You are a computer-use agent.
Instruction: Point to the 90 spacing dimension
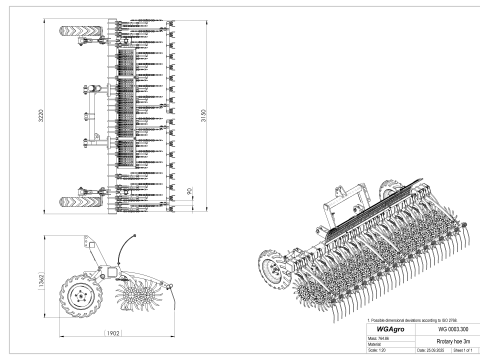[x=189, y=187]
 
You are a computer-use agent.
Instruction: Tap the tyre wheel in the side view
[x=83, y=295]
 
